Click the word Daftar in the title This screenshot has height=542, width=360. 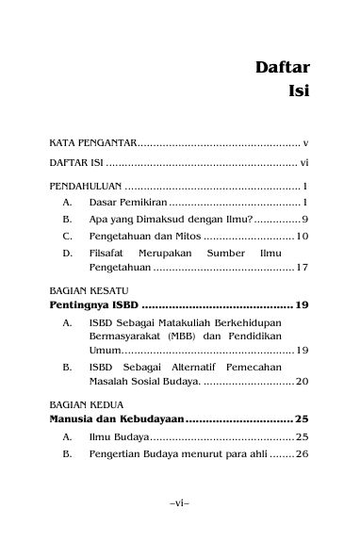(285, 68)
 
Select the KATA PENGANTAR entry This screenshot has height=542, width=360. (92, 143)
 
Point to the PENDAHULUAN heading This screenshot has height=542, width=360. (85, 186)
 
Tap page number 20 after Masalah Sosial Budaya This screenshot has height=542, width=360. (303, 381)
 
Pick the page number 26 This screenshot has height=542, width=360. (303, 454)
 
